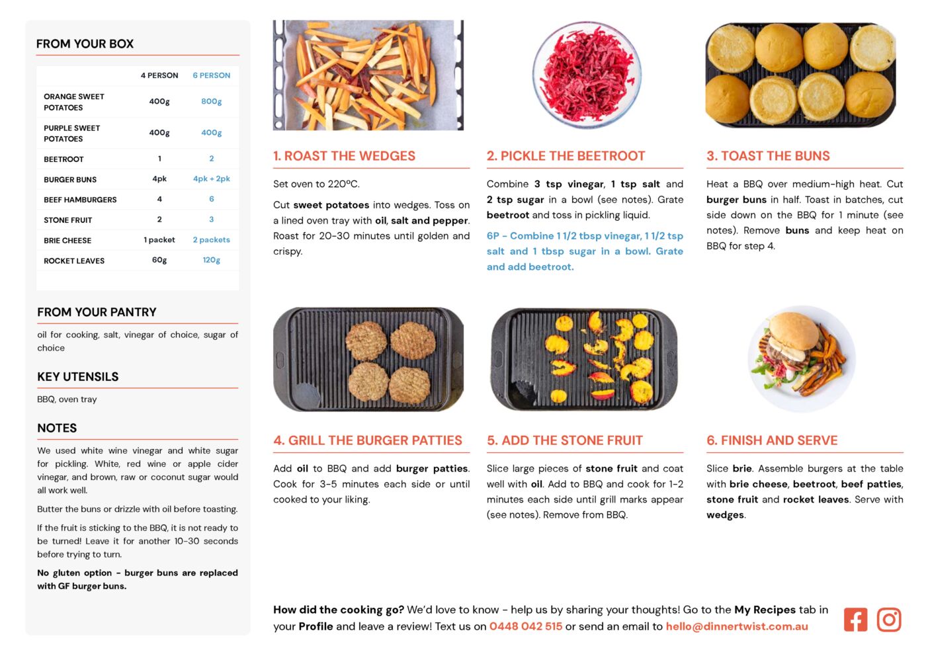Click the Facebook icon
point(855,620)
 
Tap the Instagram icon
point(888,620)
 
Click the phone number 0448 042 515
point(525,626)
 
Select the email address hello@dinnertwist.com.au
point(737,626)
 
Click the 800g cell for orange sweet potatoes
point(211,101)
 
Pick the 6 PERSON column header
point(211,75)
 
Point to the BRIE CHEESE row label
point(67,241)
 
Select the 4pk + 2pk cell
point(211,179)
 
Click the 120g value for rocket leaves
point(211,260)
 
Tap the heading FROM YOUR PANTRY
point(97,312)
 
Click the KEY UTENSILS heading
point(78,376)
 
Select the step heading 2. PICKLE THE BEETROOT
point(566,155)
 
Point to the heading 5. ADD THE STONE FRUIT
point(565,440)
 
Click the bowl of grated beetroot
point(587,75)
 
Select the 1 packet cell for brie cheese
point(159,240)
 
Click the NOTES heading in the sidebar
point(57,428)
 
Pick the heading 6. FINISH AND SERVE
point(772,440)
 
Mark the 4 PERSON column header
point(159,75)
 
